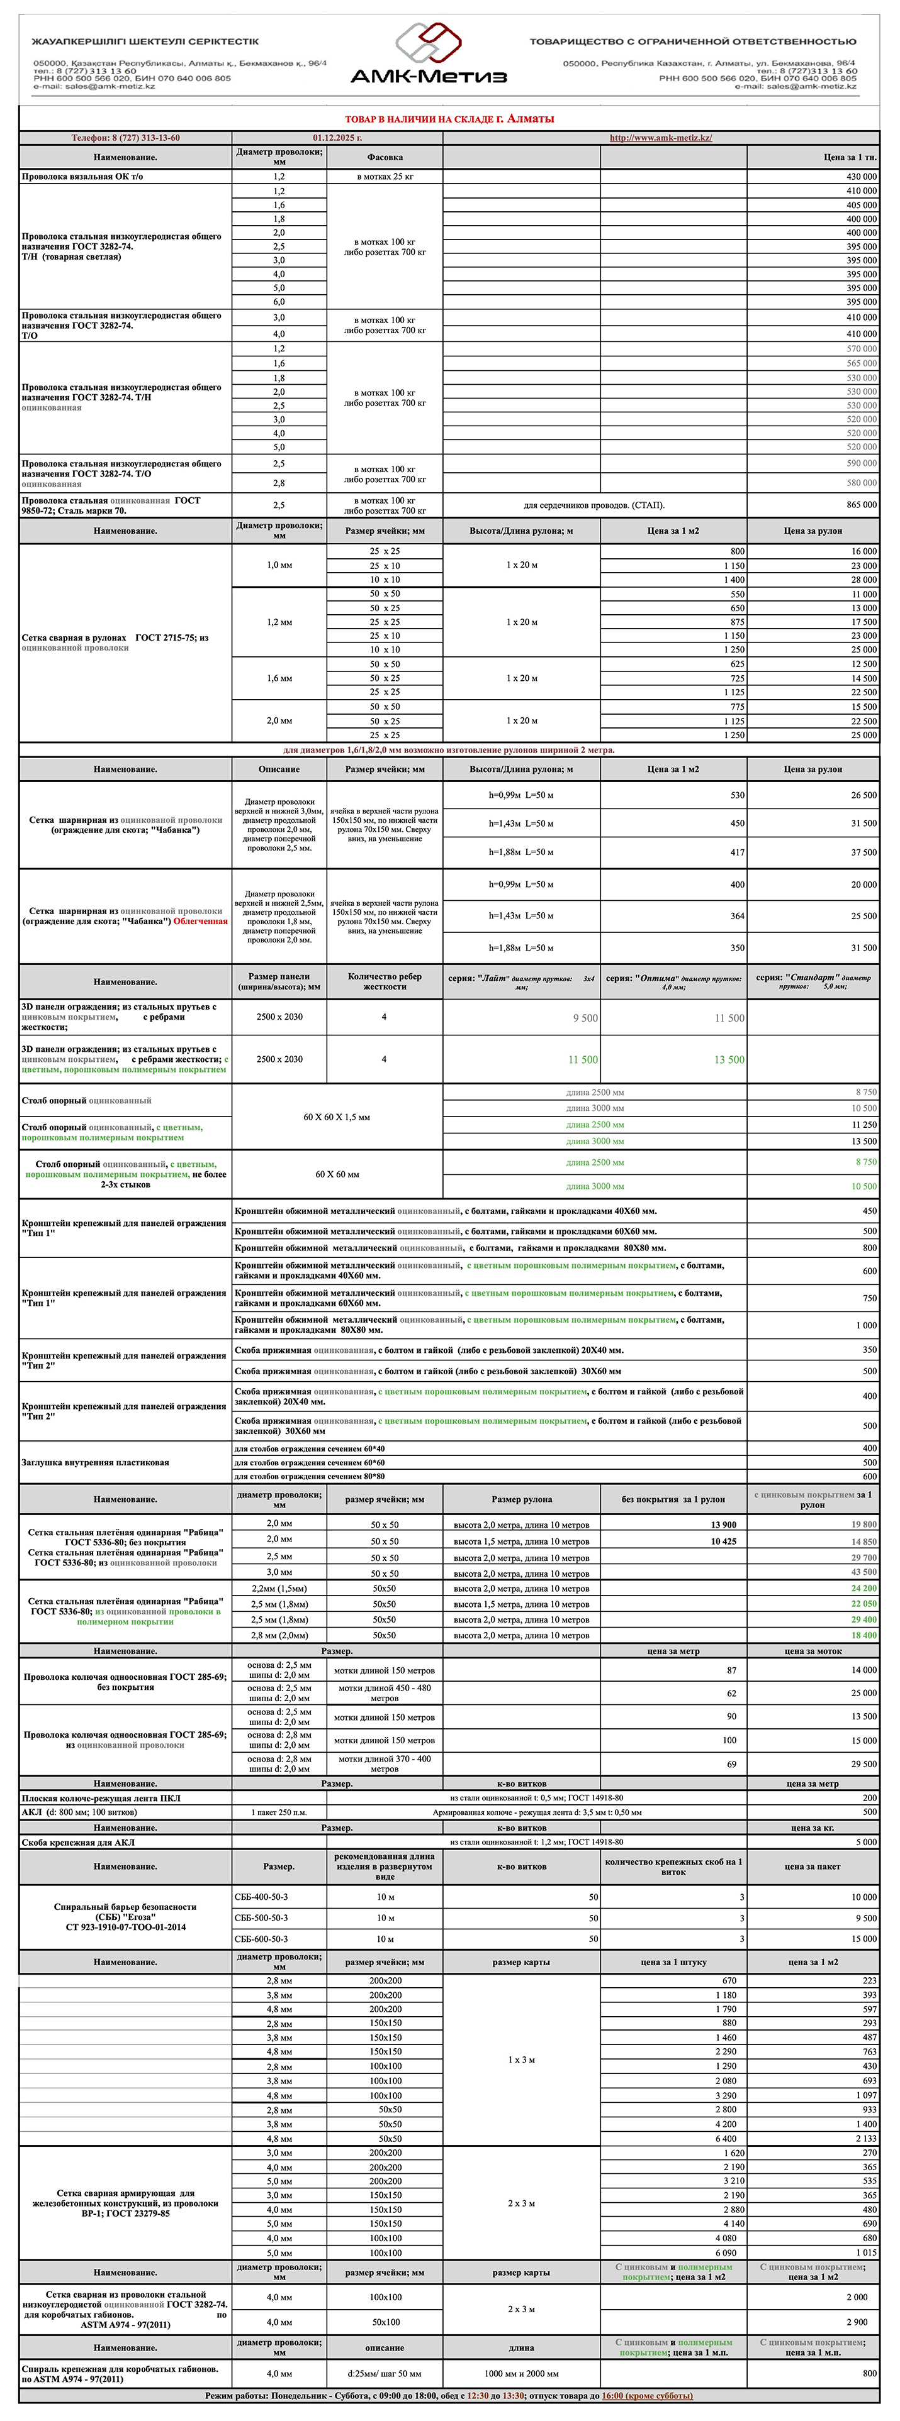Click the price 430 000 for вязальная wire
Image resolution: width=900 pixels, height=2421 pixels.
[860, 177]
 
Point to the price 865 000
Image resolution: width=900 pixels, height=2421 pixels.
[860, 505]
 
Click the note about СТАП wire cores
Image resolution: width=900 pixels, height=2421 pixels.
[593, 505]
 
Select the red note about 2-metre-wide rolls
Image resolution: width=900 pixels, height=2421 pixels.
[449, 750]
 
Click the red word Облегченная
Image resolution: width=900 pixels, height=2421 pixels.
[200, 921]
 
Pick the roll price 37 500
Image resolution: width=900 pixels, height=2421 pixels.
[862, 852]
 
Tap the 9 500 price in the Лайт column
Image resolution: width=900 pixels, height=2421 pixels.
[585, 1018]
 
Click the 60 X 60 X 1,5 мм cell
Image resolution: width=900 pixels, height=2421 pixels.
[337, 1117]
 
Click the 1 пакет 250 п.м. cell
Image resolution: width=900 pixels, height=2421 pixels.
[279, 1812]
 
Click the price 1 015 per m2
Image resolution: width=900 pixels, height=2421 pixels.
[865, 2253]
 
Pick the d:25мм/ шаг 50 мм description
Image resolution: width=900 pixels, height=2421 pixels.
[384, 2373]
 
